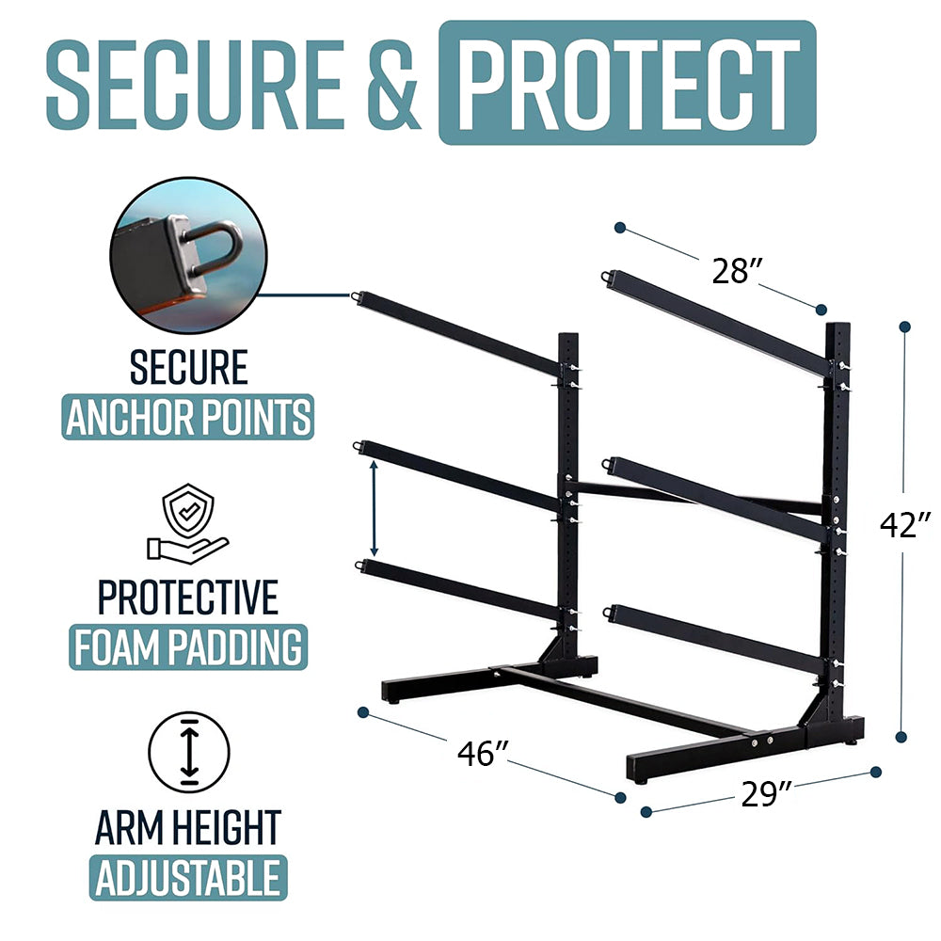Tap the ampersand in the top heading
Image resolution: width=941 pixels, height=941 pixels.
click(x=389, y=84)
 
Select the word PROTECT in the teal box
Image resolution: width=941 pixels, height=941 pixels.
click(x=627, y=83)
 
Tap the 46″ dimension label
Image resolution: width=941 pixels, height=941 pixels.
click(x=483, y=753)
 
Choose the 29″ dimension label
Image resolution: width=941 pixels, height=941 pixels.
click(x=760, y=795)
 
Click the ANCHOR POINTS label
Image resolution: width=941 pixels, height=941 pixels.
click(x=188, y=416)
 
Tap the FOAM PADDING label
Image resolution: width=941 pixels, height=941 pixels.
click(x=187, y=646)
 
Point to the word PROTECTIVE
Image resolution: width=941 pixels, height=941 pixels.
click(x=188, y=597)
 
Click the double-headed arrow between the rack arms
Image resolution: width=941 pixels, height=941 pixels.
click(x=374, y=508)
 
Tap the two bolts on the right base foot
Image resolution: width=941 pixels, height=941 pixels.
click(x=761, y=742)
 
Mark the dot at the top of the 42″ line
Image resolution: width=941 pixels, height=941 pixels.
click(x=904, y=327)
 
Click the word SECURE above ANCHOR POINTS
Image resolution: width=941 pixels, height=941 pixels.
click(x=188, y=367)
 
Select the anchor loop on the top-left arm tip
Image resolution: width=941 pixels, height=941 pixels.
click(x=357, y=298)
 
